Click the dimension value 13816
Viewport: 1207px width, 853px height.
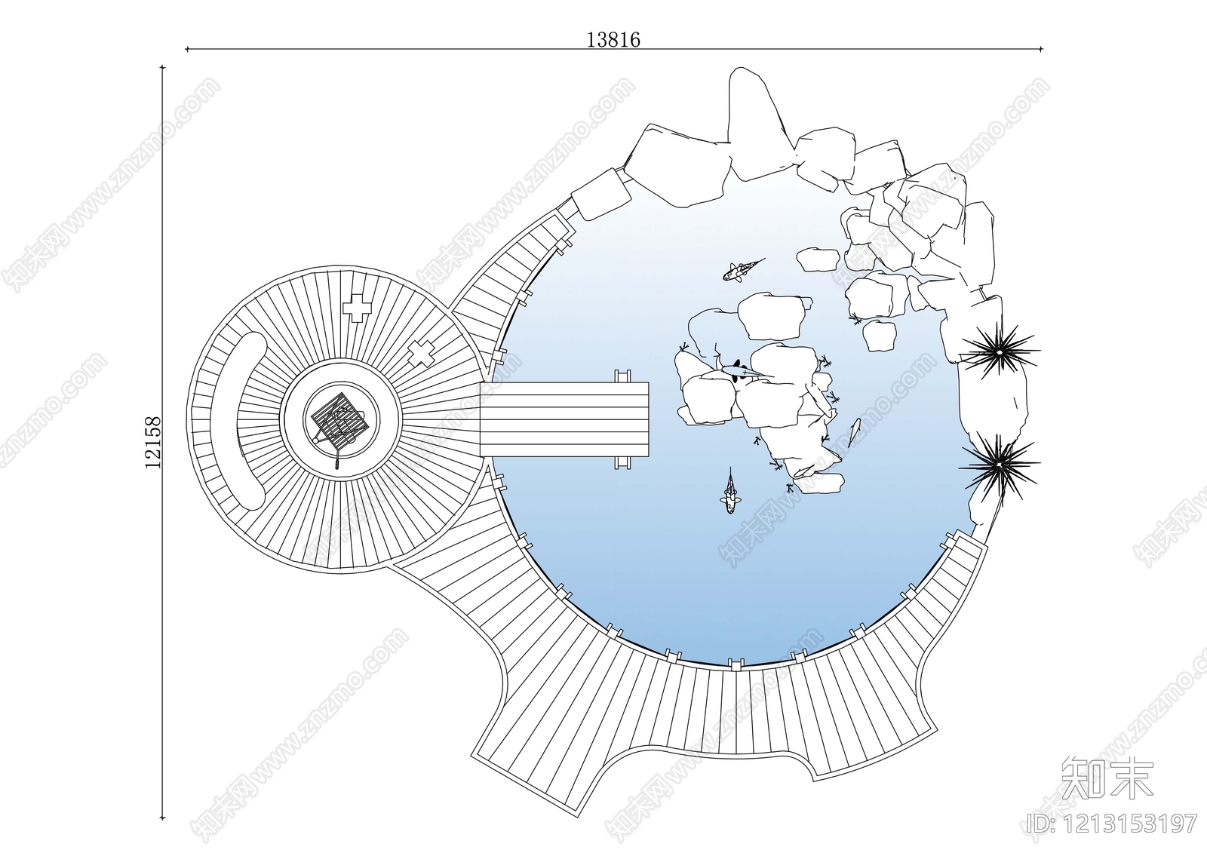(613, 40)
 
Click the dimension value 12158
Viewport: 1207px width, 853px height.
(153, 442)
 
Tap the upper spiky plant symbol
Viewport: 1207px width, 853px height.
(999, 351)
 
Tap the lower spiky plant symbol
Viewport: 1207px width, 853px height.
(999, 463)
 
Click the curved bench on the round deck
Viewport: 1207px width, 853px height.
(238, 420)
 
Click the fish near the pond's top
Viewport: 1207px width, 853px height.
(742, 269)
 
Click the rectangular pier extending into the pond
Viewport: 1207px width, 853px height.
(564, 420)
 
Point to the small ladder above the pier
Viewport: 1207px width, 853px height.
(623, 376)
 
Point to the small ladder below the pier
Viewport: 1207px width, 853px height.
(623, 463)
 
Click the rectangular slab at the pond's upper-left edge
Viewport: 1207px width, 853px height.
(600, 194)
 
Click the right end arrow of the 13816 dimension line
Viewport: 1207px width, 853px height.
(1041, 49)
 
